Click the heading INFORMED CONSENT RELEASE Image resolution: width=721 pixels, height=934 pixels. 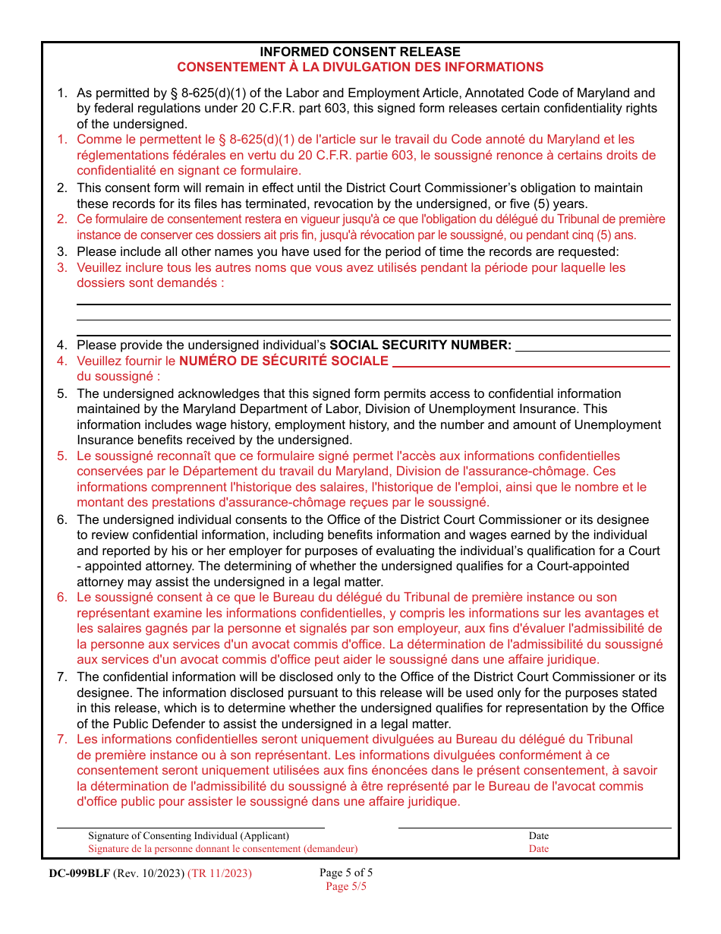point(360,52)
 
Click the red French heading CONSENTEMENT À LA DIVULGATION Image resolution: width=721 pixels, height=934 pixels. point(360,67)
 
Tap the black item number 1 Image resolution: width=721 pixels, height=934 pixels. point(62,93)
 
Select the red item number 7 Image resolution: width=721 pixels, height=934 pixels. point(62,739)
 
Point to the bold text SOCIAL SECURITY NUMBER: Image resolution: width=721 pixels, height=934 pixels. point(420,345)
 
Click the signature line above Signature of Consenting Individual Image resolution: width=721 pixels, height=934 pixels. point(190,828)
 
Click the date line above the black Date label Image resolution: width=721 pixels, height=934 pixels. point(534,828)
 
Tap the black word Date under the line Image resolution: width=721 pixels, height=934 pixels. point(539,836)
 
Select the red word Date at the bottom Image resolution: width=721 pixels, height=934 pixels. point(539,848)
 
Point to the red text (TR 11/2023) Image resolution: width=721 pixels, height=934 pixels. point(219,873)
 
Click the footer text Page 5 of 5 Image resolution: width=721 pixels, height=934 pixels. point(346,872)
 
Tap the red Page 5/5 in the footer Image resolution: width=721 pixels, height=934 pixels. point(346,886)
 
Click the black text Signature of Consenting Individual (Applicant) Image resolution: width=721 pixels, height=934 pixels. point(188,836)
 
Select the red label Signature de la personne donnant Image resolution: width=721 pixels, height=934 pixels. point(222,848)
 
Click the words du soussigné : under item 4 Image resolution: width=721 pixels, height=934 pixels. point(118,376)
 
